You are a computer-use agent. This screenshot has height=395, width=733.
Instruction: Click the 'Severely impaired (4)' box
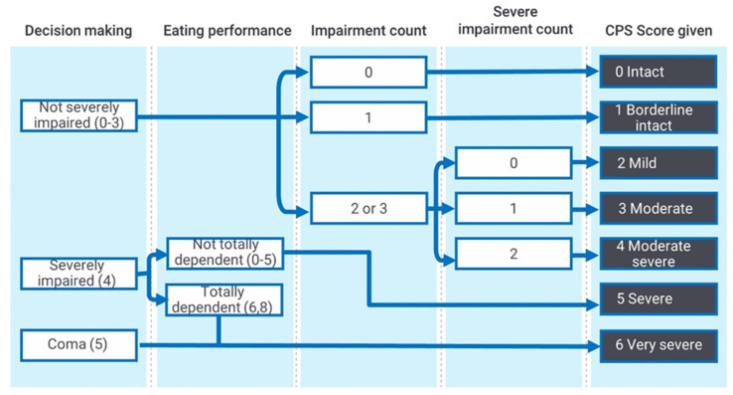click(x=78, y=273)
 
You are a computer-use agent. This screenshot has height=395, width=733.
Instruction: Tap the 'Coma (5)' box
click(x=78, y=345)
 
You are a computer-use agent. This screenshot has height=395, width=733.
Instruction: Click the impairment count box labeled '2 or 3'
click(x=367, y=209)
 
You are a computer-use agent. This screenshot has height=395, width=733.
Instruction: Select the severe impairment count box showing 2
click(x=513, y=254)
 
